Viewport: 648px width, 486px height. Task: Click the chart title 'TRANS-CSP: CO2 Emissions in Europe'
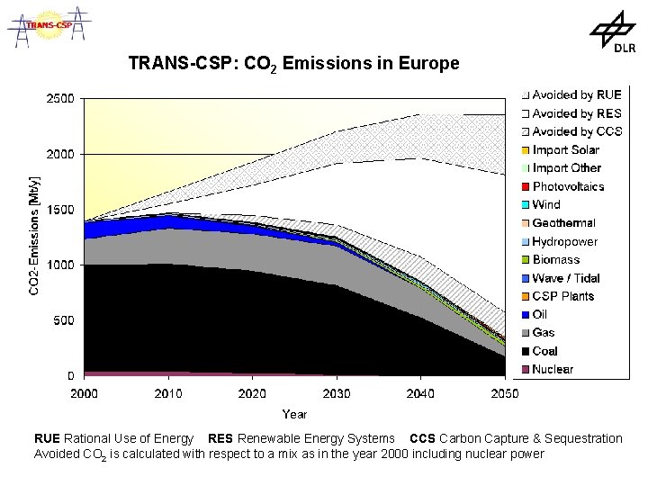point(293,65)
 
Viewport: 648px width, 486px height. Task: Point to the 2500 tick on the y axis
point(60,99)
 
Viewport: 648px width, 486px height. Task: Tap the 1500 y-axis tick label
point(60,210)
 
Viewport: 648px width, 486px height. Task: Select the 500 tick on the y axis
point(64,320)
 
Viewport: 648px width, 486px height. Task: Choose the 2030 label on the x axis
point(336,393)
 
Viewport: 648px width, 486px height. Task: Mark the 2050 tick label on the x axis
point(504,393)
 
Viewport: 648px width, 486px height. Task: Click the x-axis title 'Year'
point(294,414)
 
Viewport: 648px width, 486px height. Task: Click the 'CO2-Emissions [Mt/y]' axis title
point(34,235)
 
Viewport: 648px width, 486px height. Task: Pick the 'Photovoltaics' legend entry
point(568,186)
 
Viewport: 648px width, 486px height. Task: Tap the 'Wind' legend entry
point(546,204)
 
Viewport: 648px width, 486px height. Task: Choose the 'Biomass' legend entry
point(555,259)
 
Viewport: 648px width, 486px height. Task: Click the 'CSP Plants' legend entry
point(562,296)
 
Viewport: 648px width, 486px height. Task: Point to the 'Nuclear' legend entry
point(552,369)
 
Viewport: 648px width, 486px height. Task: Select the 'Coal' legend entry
point(544,351)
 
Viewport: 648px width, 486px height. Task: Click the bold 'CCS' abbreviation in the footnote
point(422,438)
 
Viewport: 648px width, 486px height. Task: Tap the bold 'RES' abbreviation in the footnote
point(221,438)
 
